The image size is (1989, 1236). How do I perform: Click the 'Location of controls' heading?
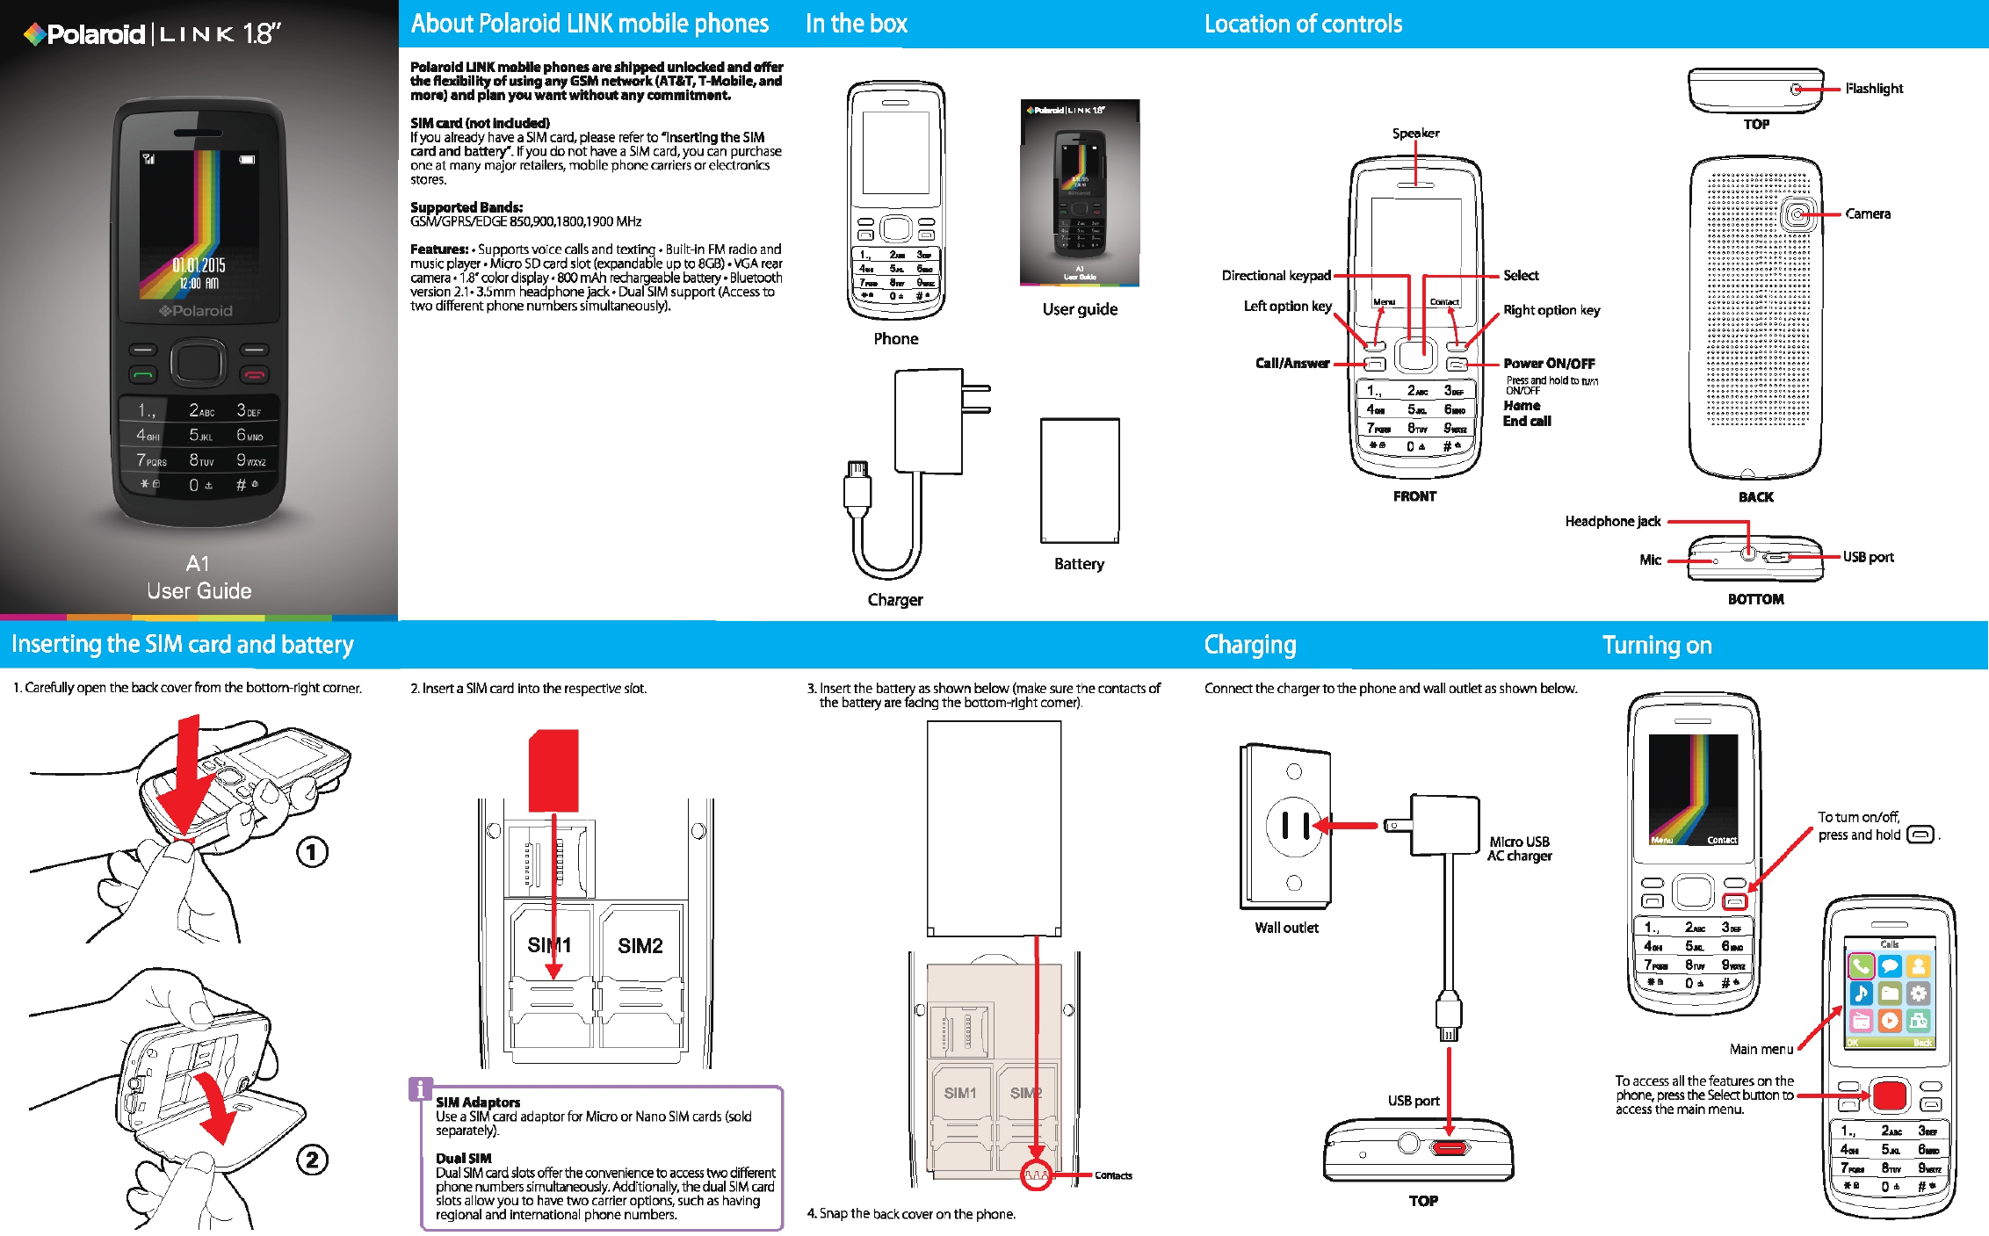pyautogui.click(x=1303, y=24)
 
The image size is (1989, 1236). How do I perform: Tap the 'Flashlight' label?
pyautogui.click(x=1873, y=89)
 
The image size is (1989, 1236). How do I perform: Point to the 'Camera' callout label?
pyautogui.click(x=1867, y=214)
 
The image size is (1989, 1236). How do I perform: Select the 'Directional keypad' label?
pyautogui.click(x=1276, y=276)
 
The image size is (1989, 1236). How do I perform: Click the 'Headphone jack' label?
pyautogui.click(x=1612, y=522)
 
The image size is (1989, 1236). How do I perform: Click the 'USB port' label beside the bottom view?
pyautogui.click(x=1868, y=557)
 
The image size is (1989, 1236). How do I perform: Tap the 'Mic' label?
pyautogui.click(x=1650, y=560)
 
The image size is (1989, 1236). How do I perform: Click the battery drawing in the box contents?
pyautogui.click(x=1080, y=481)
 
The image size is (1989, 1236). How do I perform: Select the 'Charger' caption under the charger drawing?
pyautogui.click(x=895, y=600)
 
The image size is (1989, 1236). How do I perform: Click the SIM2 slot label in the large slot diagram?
pyautogui.click(x=640, y=946)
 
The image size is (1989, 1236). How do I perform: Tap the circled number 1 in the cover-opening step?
pyautogui.click(x=312, y=852)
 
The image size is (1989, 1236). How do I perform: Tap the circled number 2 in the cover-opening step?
pyautogui.click(x=312, y=1160)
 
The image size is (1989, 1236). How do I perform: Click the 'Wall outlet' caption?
pyautogui.click(x=1286, y=928)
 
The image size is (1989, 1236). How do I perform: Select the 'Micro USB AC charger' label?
pyautogui.click(x=1519, y=849)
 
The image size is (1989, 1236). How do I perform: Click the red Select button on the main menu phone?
pyautogui.click(x=1889, y=1095)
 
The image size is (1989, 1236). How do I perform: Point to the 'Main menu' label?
pyautogui.click(x=1761, y=1049)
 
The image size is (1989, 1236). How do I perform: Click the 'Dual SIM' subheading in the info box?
pyautogui.click(x=463, y=1159)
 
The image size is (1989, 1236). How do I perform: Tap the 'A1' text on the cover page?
pyautogui.click(x=198, y=564)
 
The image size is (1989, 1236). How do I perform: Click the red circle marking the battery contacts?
pyautogui.click(x=1037, y=1175)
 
